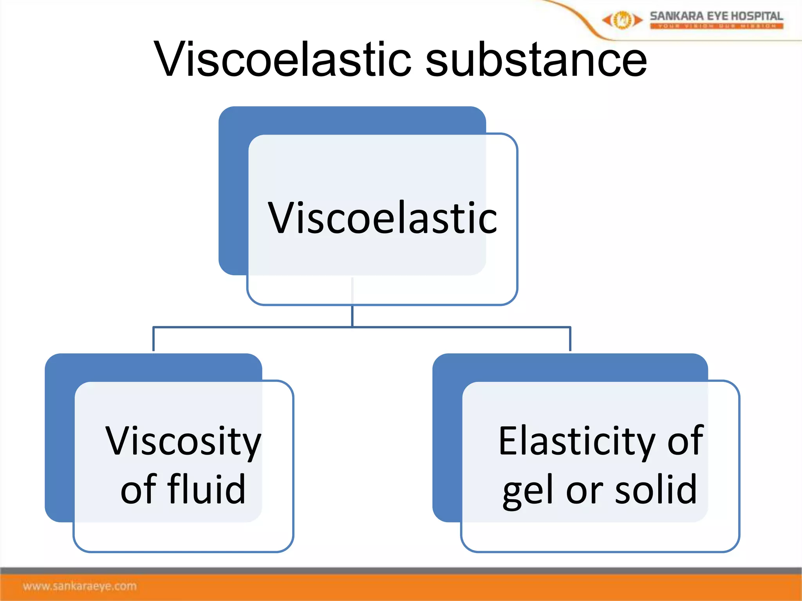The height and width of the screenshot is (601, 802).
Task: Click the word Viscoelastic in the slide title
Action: (282, 59)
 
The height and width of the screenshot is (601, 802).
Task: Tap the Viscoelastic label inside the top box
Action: (382, 218)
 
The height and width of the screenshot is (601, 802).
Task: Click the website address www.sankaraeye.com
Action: (80, 586)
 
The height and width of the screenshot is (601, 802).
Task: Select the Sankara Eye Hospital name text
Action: (716, 16)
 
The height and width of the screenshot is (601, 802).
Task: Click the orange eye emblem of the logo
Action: (622, 20)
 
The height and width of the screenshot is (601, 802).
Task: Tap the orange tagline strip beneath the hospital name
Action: (716, 26)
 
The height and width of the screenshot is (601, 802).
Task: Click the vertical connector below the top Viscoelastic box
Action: (352, 315)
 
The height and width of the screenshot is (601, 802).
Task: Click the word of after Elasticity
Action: (685, 441)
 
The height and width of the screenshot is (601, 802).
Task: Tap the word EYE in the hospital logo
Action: (716, 16)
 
